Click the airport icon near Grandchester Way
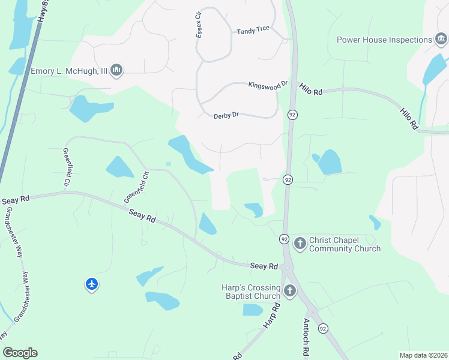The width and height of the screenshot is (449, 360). pos(92,284)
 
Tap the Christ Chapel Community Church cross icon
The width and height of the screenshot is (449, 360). pos(300,244)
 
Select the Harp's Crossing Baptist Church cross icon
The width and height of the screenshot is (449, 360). pos(290,292)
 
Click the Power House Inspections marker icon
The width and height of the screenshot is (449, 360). pos(441,40)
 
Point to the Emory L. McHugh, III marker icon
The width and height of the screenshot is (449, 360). pos(116,71)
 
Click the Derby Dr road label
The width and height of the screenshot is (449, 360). pos(226,115)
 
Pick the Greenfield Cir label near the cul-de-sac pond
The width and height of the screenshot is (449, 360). pos(136,187)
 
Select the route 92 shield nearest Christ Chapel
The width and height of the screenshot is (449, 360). pos(284,239)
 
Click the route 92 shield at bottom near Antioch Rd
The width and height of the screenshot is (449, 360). pos(324,328)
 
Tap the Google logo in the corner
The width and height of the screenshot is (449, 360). pos(20,352)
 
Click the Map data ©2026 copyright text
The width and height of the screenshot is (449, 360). pos(423,355)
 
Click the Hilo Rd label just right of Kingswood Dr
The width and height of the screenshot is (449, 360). pos(311,90)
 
